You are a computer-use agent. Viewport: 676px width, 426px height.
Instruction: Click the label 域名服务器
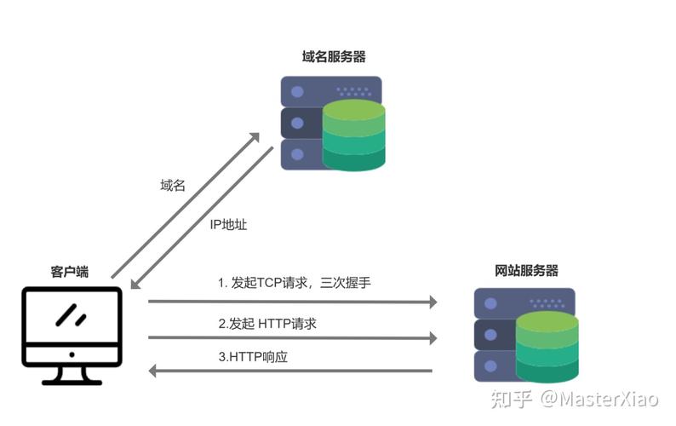click(334, 57)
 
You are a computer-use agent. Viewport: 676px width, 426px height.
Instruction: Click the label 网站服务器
click(526, 271)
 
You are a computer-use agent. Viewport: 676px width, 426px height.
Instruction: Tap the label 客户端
click(70, 272)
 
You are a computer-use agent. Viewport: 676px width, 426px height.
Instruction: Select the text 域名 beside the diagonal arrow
click(173, 185)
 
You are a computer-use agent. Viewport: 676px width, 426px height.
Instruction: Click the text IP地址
click(228, 225)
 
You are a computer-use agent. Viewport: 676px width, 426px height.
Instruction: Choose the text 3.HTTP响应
click(253, 357)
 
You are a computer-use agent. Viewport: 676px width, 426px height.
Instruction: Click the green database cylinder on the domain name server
click(354, 135)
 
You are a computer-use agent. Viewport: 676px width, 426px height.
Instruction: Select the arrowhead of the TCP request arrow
click(432, 302)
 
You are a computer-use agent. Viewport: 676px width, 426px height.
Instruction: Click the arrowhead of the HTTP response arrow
click(154, 371)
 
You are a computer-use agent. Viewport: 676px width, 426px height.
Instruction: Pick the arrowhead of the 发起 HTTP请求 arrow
click(432, 337)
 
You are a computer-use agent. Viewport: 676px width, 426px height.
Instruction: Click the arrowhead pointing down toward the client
click(135, 284)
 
